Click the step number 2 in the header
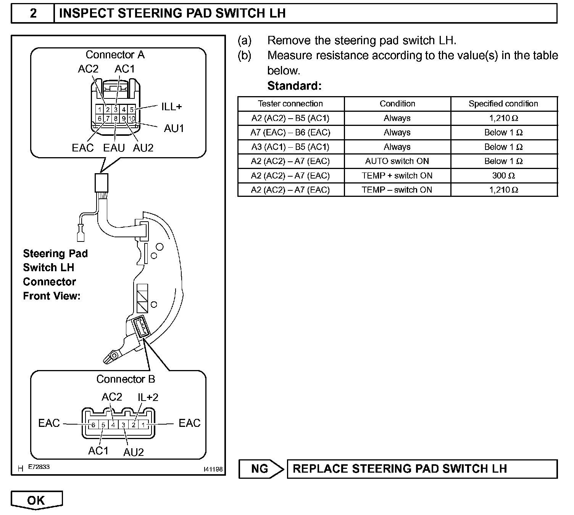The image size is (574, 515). point(33,13)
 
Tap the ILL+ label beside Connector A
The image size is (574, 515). point(171,106)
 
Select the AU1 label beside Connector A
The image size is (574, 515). point(174,129)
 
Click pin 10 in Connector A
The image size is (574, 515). point(131,119)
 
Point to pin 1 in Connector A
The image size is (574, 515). point(100,110)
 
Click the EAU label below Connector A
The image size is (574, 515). point(114,148)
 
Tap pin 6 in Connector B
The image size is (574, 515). point(93,425)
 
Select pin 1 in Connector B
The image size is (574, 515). point(143,425)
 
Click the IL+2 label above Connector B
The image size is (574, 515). point(148,397)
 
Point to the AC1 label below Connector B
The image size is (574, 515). point(98,451)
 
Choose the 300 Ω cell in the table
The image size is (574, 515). point(504,175)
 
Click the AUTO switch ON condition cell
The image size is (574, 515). point(397,161)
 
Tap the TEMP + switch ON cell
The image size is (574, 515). point(397,175)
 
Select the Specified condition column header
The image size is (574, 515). point(503,104)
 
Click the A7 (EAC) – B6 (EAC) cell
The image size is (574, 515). point(290,132)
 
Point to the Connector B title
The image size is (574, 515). point(126,379)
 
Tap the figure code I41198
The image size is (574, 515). point(213,469)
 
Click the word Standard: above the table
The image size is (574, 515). point(294,86)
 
